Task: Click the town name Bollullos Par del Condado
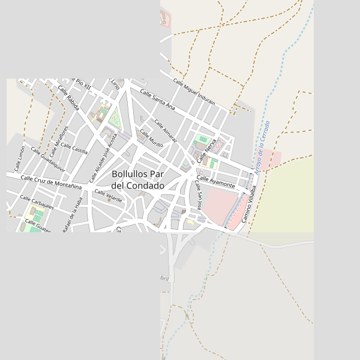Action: point(138,180)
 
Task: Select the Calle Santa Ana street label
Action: point(157,100)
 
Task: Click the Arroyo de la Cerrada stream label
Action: point(262,148)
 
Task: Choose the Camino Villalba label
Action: point(249,205)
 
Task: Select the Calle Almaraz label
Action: point(166,131)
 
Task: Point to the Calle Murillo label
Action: point(152,139)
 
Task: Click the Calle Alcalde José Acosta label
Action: point(103,158)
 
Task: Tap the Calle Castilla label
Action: point(74,148)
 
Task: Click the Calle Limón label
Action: point(20,158)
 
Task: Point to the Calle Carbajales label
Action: point(37,202)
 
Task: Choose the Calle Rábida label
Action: point(68,99)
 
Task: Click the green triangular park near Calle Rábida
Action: point(115,119)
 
